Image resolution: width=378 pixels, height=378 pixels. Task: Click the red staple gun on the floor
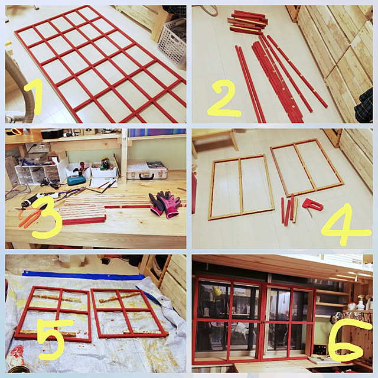pyautogui.click(x=312, y=206)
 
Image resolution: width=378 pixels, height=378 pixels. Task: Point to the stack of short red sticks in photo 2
pyautogui.click(x=247, y=22)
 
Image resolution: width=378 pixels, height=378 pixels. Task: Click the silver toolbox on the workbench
pyautogui.click(x=147, y=170)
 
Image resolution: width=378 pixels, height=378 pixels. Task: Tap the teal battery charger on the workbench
pyautogui.click(x=76, y=180)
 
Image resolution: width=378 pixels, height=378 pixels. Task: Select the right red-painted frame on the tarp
pyautogui.click(x=129, y=314)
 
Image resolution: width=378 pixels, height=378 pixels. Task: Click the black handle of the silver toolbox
pyautogui.click(x=147, y=176)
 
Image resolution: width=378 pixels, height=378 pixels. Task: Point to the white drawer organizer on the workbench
pyautogui.click(x=38, y=172)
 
